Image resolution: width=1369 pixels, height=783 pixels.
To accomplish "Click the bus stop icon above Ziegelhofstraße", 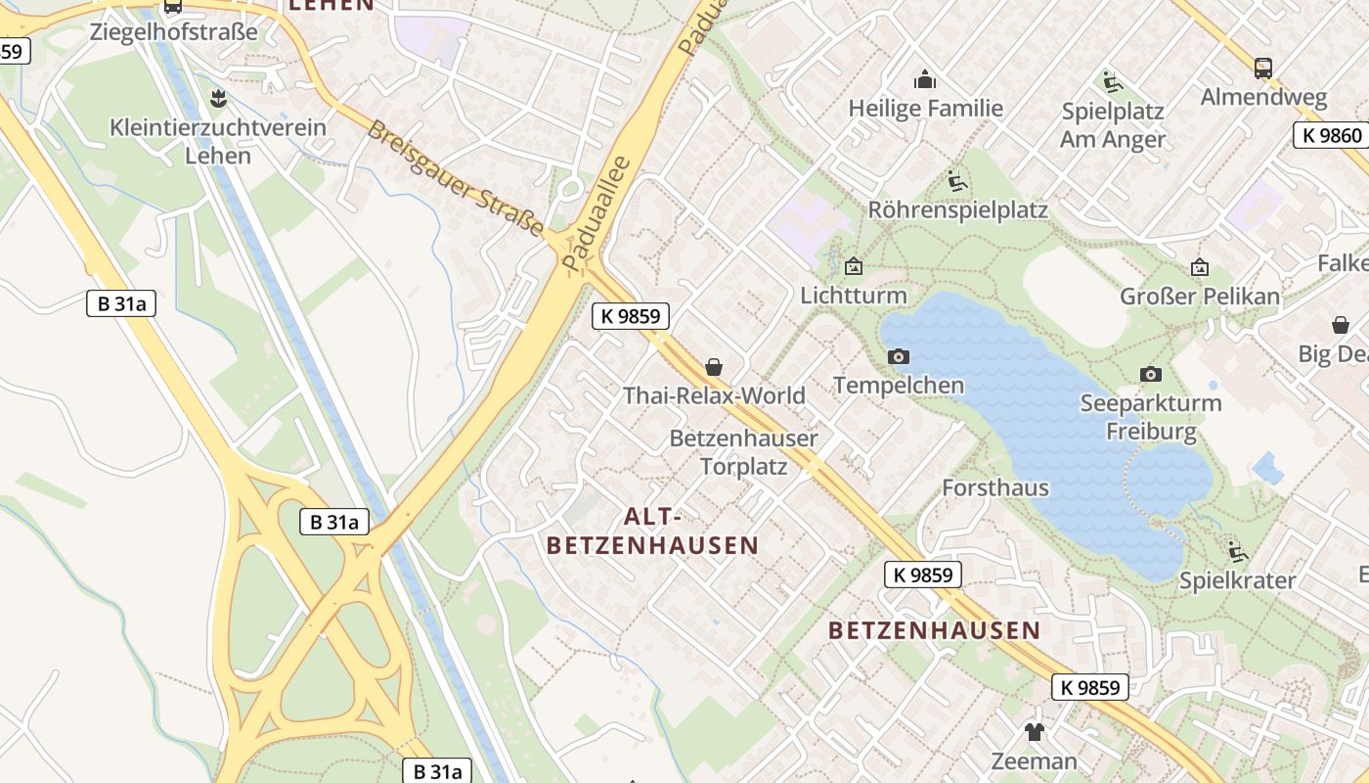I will point(173,6).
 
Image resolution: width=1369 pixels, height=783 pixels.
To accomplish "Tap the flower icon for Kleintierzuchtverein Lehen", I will point(218,98).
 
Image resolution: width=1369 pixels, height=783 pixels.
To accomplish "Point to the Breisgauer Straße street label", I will point(456,178).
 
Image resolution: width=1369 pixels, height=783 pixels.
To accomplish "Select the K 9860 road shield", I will point(1333,135).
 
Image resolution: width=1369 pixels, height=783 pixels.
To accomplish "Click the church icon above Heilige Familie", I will point(924,79).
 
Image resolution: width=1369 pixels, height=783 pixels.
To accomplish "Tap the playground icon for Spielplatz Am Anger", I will point(1112,81).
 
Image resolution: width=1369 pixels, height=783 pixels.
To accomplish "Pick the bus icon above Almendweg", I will point(1263,69).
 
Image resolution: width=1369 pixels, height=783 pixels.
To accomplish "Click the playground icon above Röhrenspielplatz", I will point(956,181).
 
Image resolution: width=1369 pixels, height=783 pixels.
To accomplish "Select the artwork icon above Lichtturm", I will point(854,265).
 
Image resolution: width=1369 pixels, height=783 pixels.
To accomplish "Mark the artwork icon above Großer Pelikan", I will point(1199,267).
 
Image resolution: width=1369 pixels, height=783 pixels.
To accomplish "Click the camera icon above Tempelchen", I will point(898,356).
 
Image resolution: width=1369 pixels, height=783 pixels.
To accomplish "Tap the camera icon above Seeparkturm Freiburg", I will point(1151,374).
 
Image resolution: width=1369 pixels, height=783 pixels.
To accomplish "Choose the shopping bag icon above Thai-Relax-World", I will point(714,367).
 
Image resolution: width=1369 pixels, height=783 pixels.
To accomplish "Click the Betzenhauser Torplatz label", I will point(743,452).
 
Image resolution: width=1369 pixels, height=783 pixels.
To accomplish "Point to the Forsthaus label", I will point(994,487).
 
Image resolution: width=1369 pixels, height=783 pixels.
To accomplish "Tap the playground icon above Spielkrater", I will point(1237,551).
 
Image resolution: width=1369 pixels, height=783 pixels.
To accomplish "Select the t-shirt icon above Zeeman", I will point(1034,731).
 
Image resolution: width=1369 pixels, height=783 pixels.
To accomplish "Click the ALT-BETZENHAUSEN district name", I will point(652,530).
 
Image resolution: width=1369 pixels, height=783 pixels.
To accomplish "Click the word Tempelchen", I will point(898,386).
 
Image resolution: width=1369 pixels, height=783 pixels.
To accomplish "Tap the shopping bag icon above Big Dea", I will point(1340,325).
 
